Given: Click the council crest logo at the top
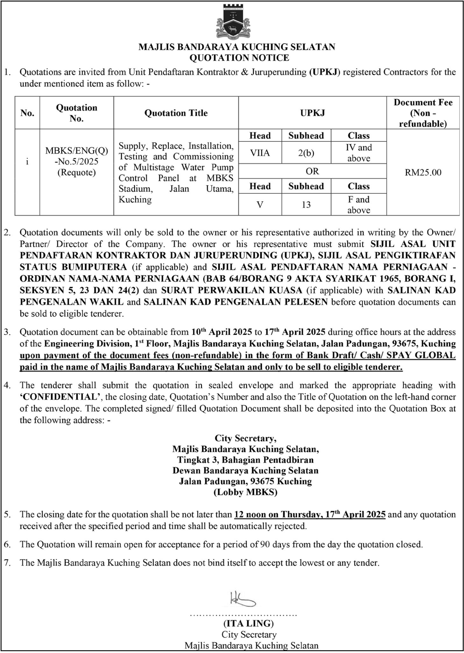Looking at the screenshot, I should [233, 22].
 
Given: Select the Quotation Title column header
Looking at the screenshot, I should [176, 113].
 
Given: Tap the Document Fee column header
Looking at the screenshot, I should [423, 113].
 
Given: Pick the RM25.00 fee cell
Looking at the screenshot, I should [423, 172].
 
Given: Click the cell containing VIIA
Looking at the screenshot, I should [260, 153].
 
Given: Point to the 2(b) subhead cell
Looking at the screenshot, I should [306, 153].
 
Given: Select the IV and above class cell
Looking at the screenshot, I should [359, 153].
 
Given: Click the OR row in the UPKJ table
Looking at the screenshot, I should [312, 171].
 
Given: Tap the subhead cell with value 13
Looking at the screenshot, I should [306, 204].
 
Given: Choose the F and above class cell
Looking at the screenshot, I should [359, 204].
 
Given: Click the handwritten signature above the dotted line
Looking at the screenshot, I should [242, 599].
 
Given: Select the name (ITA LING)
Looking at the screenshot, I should [249, 623].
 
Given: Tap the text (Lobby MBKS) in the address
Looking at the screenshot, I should [245, 492].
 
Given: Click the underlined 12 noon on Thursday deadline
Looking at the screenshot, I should [310, 514].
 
